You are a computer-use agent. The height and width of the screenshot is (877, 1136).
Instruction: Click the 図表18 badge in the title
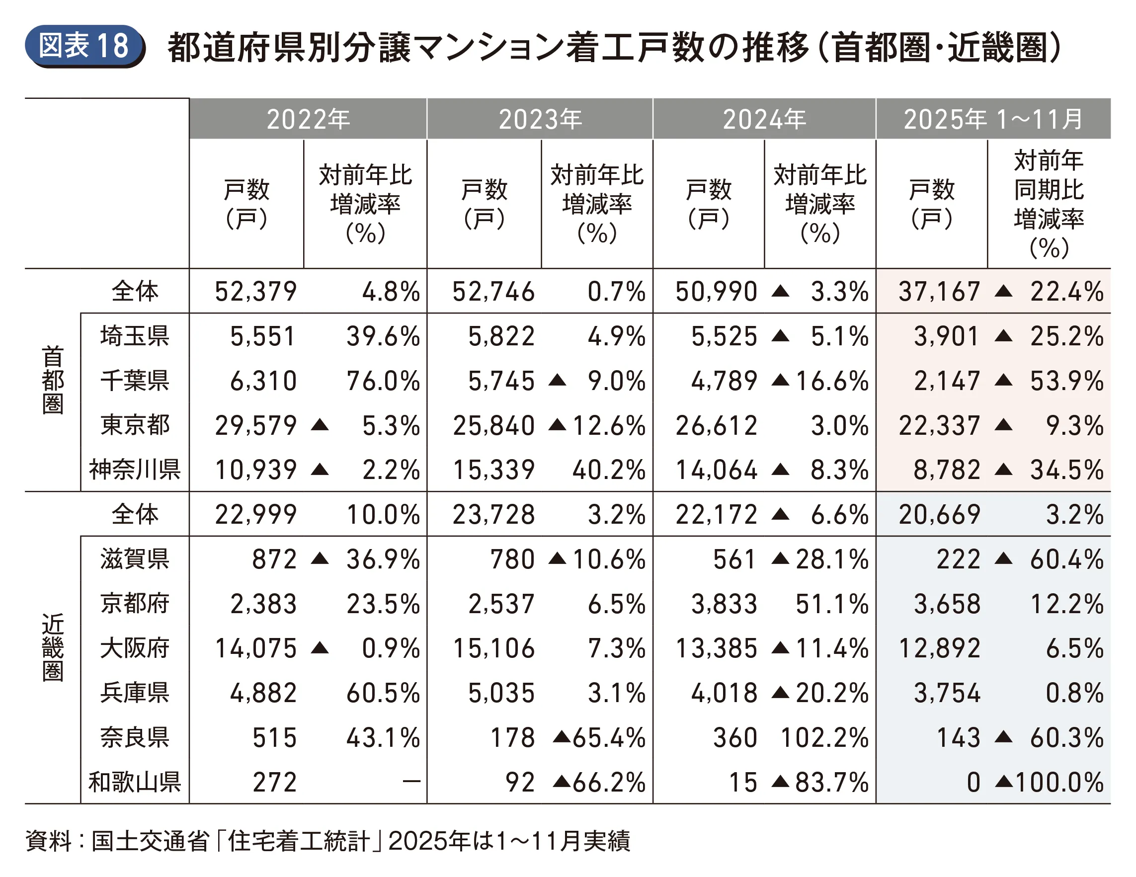tap(84, 46)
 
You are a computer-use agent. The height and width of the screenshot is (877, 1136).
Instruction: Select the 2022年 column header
tap(308, 119)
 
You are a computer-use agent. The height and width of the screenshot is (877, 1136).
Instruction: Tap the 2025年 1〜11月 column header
tap(993, 119)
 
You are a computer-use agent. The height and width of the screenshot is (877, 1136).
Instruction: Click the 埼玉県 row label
tap(135, 336)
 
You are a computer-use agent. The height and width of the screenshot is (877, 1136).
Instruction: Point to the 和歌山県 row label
tap(135, 782)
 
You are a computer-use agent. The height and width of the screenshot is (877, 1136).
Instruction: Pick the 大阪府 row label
tap(135, 648)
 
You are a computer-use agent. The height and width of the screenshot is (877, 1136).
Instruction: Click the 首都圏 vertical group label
tap(53, 380)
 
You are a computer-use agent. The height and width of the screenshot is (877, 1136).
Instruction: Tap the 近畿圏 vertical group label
tap(53, 647)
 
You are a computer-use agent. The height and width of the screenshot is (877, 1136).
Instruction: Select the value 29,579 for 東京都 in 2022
tap(256, 425)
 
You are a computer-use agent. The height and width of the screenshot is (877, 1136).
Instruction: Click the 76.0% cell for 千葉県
tap(383, 381)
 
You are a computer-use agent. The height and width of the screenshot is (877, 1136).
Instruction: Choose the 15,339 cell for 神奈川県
tap(493, 470)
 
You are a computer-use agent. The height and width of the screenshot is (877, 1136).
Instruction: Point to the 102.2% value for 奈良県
tap(824, 737)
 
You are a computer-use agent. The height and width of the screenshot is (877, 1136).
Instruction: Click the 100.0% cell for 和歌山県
tap(1059, 782)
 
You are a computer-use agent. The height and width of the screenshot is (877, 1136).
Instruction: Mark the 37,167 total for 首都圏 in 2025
tap(939, 292)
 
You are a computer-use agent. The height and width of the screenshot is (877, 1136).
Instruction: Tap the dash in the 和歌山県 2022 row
tap(411, 781)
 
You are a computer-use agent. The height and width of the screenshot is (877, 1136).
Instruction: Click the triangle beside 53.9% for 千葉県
tap(1003, 380)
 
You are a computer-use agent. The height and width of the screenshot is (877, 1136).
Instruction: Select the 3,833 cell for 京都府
tap(724, 604)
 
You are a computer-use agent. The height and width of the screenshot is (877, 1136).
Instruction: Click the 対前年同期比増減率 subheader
tap(1049, 204)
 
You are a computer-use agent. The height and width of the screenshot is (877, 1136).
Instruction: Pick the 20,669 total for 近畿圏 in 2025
tap(939, 515)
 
